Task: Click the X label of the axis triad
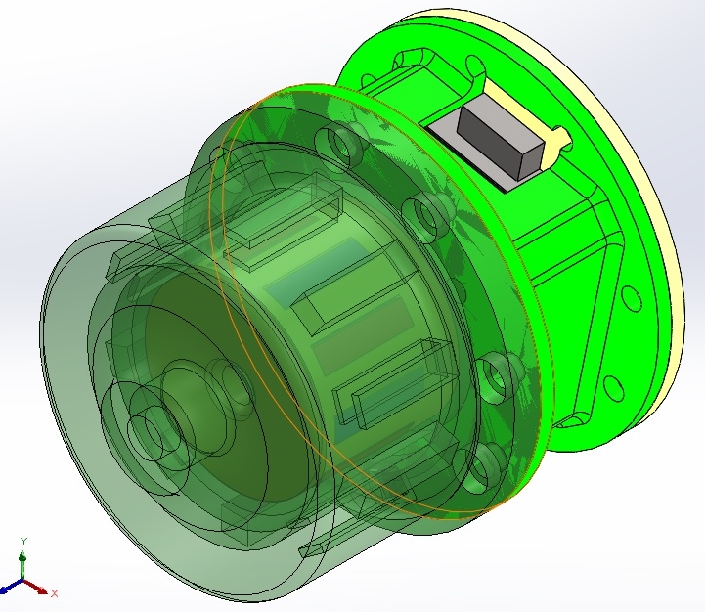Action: (55, 592)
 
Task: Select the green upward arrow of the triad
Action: (22, 561)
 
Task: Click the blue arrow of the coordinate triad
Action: (11, 590)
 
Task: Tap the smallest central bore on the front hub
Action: (147, 430)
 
